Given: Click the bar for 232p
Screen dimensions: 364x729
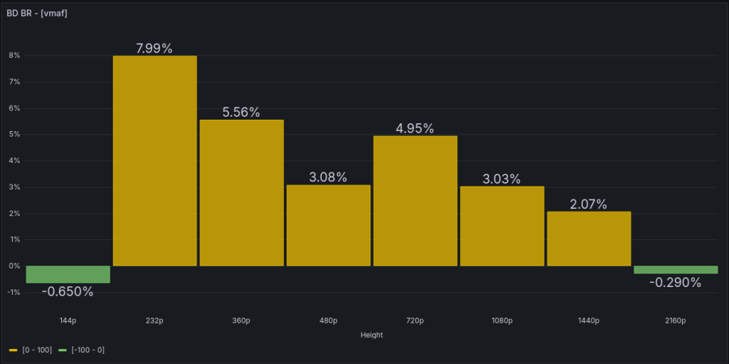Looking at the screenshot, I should tap(154, 161).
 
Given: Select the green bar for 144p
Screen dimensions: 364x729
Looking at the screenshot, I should tap(68, 274).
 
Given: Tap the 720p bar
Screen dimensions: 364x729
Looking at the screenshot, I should tap(415, 201).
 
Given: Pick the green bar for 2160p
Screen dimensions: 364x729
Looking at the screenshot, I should tap(676, 270).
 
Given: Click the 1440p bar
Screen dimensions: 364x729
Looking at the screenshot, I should tap(589, 239).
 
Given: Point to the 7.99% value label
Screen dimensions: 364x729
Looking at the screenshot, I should tap(154, 48).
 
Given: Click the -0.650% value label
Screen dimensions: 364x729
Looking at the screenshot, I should tap(68, 291).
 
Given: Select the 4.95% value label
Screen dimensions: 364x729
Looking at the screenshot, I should tap(415, 129).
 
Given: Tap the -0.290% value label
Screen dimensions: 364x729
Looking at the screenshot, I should tap(676, 282).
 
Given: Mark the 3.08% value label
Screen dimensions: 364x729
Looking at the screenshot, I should tap(328, 177).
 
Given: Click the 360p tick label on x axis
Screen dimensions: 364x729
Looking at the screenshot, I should tap(241, 321).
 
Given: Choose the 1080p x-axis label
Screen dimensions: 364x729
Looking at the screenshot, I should tap(502, 321).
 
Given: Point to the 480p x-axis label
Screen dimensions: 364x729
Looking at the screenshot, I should tap(328, 321).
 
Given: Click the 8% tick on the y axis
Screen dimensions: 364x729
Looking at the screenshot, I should tap(14, 56).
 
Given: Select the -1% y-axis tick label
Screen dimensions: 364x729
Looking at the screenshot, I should tap(13, 293).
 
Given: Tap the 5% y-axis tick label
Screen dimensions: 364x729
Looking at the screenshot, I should tap(14, 135).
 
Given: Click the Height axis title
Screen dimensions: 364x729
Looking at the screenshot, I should tap(372, 335).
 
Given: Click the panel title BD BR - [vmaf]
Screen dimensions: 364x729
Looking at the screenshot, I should tap(37, 14).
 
